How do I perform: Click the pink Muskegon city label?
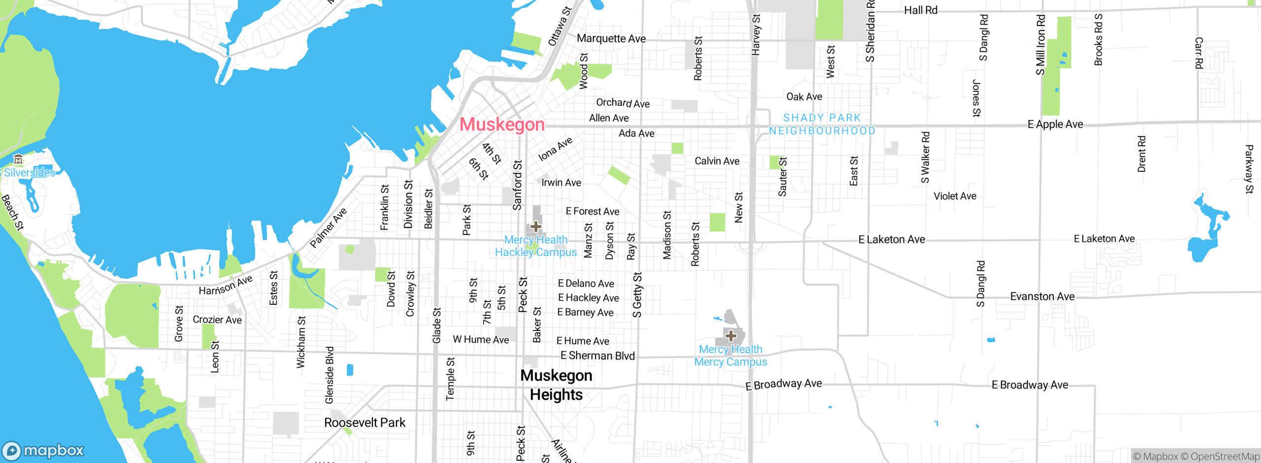[x=502, y=125]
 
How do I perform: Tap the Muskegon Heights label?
[x=556, y=385]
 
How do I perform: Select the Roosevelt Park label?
[x=365, y=423]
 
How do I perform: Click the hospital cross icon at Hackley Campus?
[x=535, y=227]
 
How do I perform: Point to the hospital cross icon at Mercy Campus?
[x=730, y=336]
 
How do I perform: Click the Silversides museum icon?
[x=18, y=159]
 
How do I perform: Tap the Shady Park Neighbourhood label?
[x=822, y=124]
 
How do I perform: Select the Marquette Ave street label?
[x=611, y=38]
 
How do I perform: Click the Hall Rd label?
[x=920, y=10]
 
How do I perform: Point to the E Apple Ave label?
[x=1055, y=124]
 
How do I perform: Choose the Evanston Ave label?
[x=1042, y=297]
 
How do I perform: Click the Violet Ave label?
[x=955, y=196]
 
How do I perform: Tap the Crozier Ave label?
[x=217, y=320]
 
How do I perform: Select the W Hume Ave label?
[x=481, y=339]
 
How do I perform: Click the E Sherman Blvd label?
[x=597, y=356]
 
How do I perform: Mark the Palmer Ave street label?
[x=328, y=228]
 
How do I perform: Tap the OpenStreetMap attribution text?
[x=1225, y=457]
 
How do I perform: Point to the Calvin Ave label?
[x=717, y=161]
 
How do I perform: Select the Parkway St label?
[x=1249, y=169]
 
